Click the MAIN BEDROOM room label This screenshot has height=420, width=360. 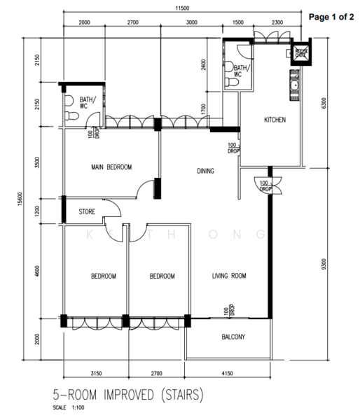[111, 167]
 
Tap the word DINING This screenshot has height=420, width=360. [205, 171]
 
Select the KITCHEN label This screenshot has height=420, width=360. [275, 120]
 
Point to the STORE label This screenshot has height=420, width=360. [87, 210]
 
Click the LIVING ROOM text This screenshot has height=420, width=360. [230, 276]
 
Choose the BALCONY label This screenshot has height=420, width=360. [233, 337]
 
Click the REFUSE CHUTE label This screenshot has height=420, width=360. [301, 53]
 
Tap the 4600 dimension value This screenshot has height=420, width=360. [27, 269]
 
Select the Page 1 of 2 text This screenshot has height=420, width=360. [331, 15]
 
